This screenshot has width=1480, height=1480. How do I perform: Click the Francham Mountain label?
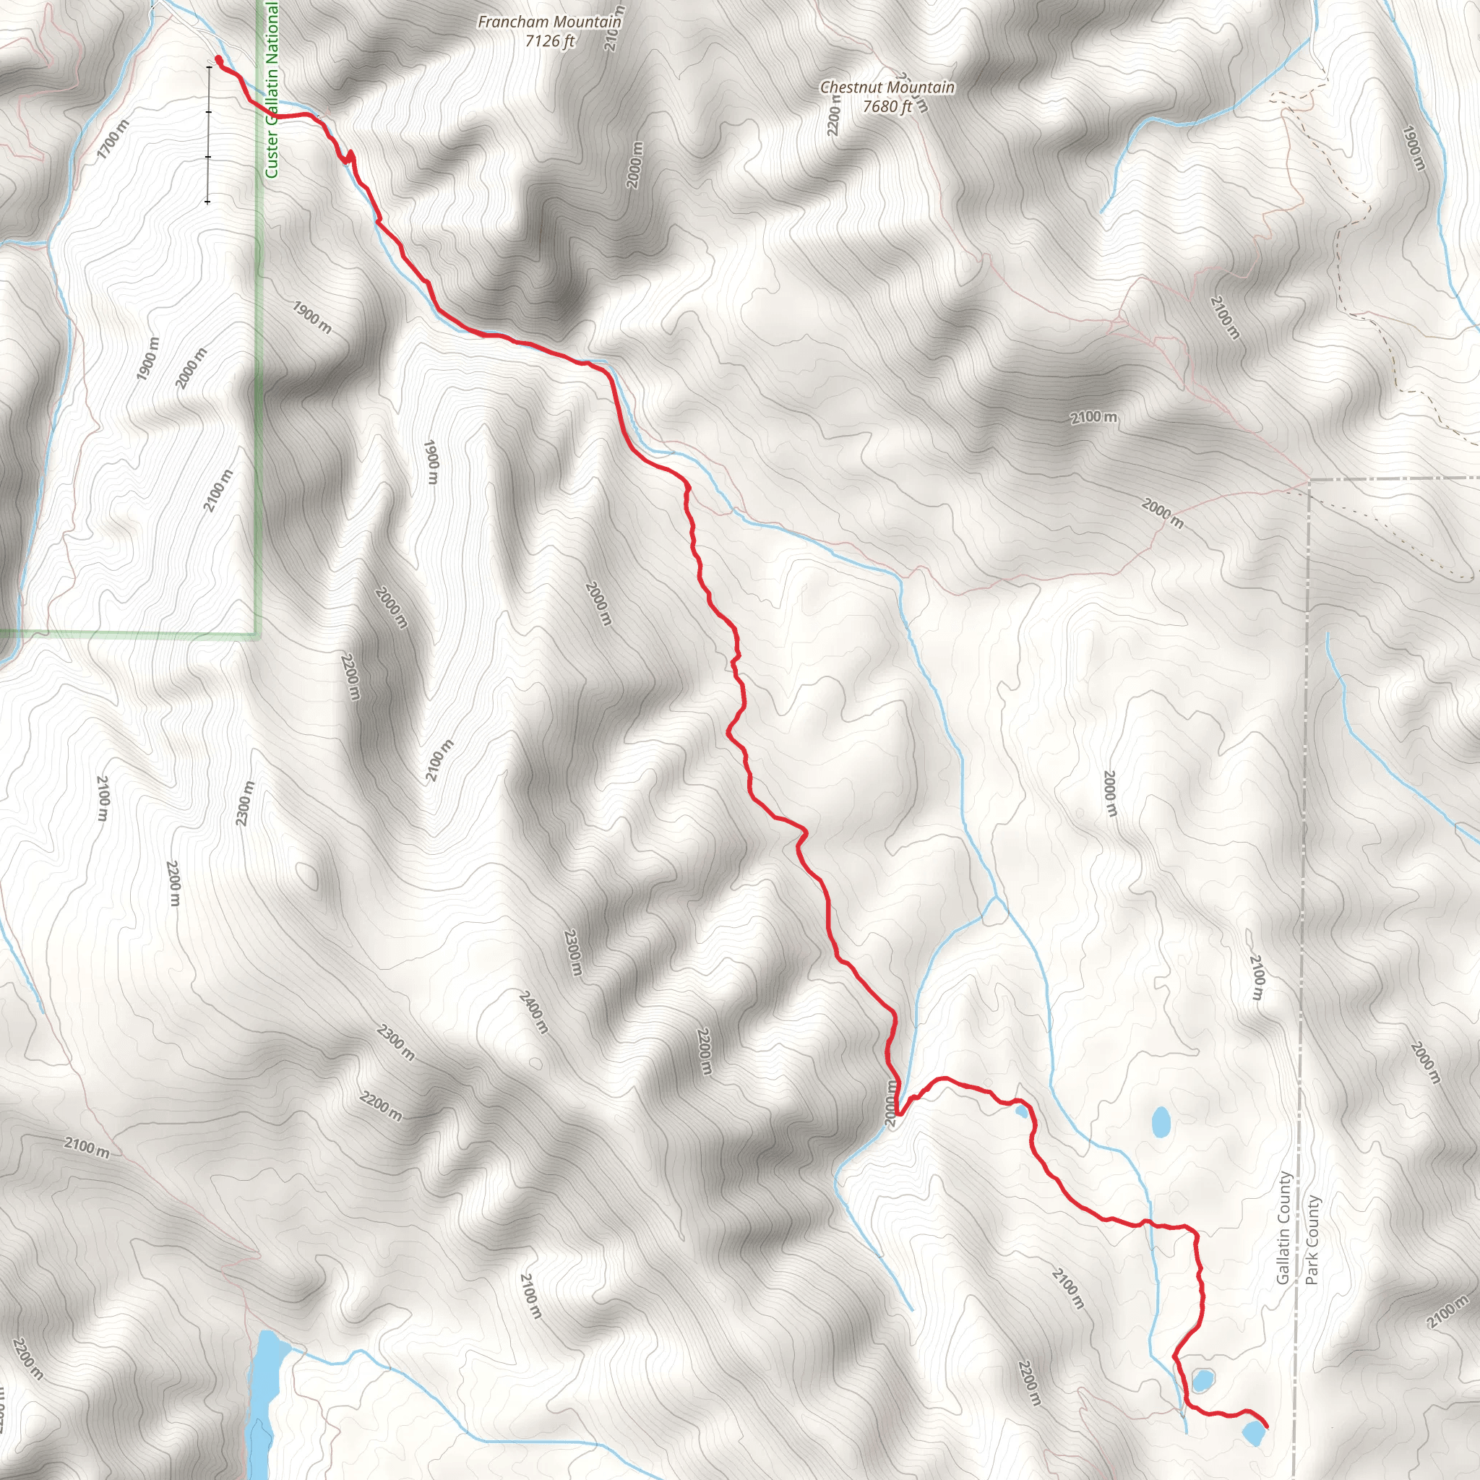549,22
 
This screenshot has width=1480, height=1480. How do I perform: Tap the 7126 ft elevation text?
549,40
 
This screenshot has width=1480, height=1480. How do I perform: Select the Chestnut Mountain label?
887,87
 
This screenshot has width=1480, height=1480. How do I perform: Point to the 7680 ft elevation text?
887,106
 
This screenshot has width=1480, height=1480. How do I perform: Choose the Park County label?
1312,1240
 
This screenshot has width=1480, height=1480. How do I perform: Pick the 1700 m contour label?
113,140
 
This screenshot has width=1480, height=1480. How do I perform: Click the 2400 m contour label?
533,1012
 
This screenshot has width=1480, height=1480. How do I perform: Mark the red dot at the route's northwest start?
218,59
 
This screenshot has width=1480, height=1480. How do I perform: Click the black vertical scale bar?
207,134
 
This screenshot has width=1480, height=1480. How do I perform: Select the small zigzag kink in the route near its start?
348,157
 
